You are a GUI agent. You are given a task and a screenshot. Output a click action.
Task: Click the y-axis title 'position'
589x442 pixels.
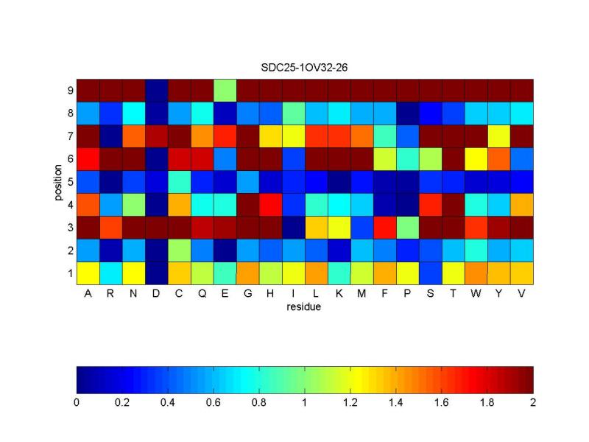(x=58, y=181)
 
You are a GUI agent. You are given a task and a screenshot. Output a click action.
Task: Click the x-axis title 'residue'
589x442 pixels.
(x=305, y=306)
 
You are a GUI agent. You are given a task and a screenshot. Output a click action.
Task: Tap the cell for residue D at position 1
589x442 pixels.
(x=156, y=273)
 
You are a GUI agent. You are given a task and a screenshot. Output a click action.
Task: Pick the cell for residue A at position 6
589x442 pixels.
(x=88, y=158)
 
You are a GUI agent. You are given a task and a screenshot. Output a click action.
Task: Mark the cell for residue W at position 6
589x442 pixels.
(x=476, y=158)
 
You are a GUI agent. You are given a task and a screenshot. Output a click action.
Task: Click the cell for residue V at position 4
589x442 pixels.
(x=522, y=204)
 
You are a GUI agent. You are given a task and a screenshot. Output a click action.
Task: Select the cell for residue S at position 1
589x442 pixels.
(x=431, y=273)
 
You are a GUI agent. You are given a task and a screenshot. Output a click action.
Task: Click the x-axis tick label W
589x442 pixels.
(x=476, y=293)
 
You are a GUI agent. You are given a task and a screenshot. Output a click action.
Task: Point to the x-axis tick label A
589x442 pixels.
(x=88, y=293)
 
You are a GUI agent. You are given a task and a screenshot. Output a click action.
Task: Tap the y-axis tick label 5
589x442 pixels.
(x=70, y=182)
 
